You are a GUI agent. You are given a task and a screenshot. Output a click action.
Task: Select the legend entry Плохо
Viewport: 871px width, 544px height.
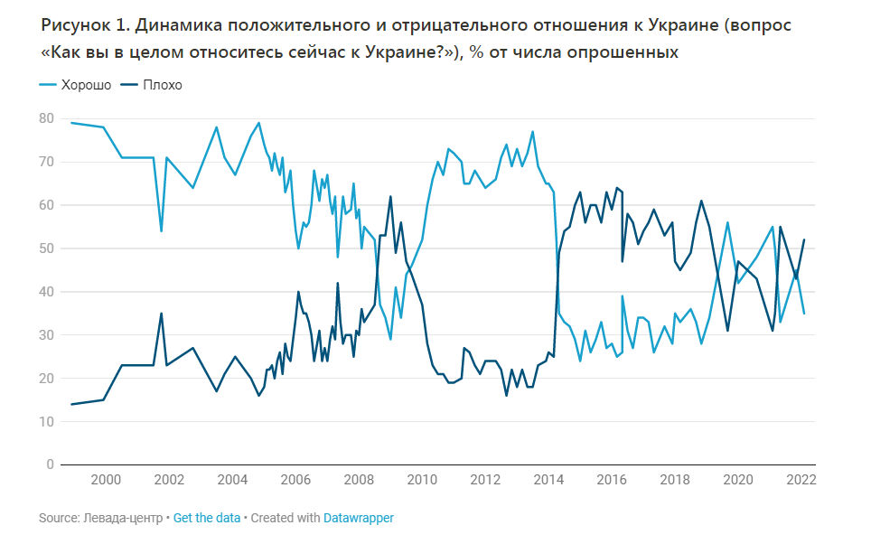[162, 85]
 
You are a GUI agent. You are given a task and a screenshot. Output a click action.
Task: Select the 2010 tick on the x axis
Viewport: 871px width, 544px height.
[422, 480]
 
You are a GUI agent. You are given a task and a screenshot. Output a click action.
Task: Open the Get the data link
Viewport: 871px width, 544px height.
[207, 518]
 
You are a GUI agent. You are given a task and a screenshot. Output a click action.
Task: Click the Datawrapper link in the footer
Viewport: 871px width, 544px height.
[359, 518]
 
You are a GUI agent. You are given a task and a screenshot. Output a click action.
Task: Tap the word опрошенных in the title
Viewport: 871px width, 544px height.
[623, 53]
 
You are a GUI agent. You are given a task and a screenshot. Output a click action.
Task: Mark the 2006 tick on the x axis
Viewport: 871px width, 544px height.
[295, 480]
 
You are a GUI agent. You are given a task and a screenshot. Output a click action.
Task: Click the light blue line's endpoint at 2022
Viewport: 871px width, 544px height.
[804, 314]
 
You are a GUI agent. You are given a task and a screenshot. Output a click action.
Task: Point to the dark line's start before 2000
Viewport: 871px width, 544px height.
[71, 404]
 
